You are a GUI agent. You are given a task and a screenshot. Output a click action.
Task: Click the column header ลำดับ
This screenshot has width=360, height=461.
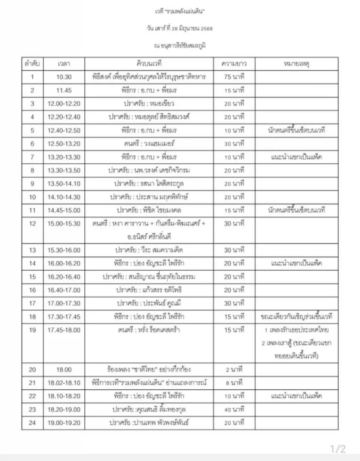click(x=32, y=64)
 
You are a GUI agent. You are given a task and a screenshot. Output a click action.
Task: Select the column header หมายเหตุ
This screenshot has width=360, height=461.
click(x=296, y=64)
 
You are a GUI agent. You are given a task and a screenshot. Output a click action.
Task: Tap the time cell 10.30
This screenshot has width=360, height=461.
click(x=64, y=77)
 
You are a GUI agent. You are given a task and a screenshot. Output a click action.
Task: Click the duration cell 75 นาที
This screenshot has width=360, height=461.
click(x=234, y=77)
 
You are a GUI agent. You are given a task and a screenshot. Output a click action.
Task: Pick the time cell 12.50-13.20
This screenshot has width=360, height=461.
click(x=64, y=144)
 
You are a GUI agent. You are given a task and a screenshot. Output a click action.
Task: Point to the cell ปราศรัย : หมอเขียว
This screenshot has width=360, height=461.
click(x=149, y=104)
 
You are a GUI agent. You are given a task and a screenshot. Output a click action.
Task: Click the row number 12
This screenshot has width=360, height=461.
click(x=32, y=224)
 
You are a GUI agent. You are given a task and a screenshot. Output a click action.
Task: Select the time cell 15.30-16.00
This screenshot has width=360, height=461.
click(x=64, y=250)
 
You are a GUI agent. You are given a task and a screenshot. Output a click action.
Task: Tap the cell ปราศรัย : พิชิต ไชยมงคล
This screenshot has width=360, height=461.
click(x=149, y=210)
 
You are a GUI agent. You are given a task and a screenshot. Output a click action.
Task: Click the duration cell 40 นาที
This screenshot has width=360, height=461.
click(x=234, y=409)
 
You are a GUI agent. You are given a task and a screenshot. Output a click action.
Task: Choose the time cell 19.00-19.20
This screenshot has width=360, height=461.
click(x=64, y=423)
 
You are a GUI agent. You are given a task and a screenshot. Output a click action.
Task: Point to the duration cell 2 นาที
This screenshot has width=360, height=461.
click(x=234, y=370)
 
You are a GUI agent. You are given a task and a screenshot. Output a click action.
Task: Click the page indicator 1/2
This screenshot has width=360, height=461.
click(x=338, y=449)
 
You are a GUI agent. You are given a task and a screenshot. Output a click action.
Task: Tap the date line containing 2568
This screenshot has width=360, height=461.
click(x=180, y=28)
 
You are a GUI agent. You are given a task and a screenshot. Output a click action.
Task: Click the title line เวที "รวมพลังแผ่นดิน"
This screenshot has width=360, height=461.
click(x=180, y=12)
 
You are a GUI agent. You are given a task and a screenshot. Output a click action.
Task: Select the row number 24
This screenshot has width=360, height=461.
click(x=32, y=423)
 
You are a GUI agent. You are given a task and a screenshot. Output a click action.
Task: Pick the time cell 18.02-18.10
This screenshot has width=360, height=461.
click(x=64, y=383)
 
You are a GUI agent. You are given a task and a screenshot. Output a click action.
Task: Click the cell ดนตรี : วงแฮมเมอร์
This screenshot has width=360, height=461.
click(x=149, y=144)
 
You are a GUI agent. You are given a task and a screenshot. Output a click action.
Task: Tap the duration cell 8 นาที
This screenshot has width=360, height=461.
click(x=234, y=383)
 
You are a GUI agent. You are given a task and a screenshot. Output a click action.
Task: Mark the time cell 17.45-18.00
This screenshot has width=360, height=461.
click(x=64, y=330)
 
